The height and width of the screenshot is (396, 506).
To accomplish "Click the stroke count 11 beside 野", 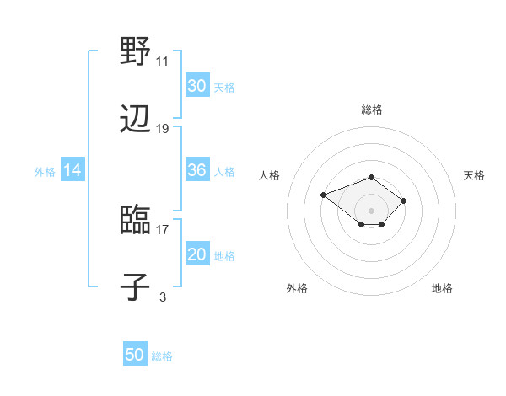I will pyautogui.click(x=163, y=62).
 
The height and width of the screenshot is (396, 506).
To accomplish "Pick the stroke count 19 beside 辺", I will pyautogui.click(x=163, y=129).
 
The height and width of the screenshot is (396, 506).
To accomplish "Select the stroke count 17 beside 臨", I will pyautogui.click(x=163, y=228).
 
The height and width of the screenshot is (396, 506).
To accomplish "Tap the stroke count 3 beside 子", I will pyautogui.click(x=163, y=297).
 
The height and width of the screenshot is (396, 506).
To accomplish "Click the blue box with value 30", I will pyautogui.click(x=196, y=85).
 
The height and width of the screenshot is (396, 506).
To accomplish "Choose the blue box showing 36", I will pyautogui.click(x=196, y=170).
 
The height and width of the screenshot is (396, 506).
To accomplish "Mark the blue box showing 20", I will pyautogui.click(x=196, y=254).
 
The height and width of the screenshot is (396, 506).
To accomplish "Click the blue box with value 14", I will pyautogui.click(x=73, y=170).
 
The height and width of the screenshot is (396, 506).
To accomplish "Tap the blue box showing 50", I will pyautogui.click(x=135, y=355).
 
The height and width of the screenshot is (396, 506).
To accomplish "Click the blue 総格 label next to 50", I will pyautogui.click(x=162, y=356).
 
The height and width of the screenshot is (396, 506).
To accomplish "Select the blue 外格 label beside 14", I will pyautogui.click(x=45, y=172).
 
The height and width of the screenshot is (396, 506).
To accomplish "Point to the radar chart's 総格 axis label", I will pyautogui.click(x=372, y=110).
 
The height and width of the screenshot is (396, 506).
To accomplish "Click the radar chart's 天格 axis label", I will pyautogui.click(x=474, y=175).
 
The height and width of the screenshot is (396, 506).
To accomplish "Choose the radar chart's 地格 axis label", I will pyautogui.click(x=442, y=288).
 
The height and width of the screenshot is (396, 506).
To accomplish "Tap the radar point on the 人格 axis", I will pyautogui.click(x=324, y=195).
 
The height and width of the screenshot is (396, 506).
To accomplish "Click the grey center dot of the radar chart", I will pyautogui.click(x=372, y=210).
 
